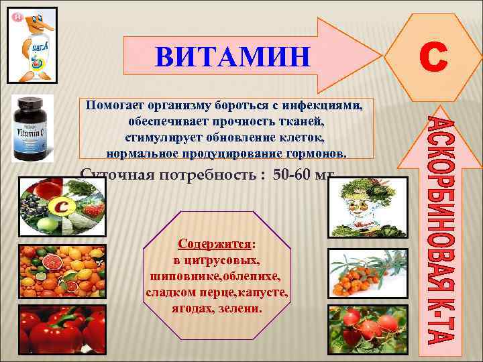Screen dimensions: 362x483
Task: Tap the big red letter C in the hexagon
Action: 433,57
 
